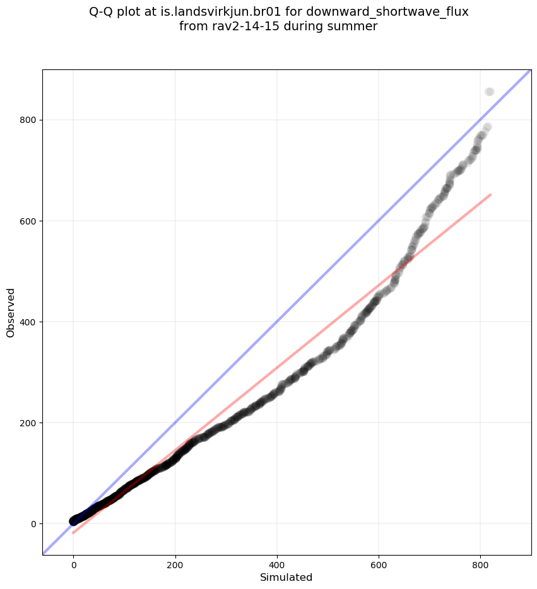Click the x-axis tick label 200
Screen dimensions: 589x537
175,565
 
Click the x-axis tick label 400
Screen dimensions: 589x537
277,565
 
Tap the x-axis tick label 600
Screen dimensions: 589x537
379,565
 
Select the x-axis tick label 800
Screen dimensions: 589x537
480,565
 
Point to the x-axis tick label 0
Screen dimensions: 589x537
74,565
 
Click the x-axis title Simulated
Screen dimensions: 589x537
286,577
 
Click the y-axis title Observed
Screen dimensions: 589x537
11,312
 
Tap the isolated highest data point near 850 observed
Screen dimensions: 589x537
489,92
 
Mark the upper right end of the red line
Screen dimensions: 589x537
490,194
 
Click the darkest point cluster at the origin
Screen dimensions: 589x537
74,520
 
